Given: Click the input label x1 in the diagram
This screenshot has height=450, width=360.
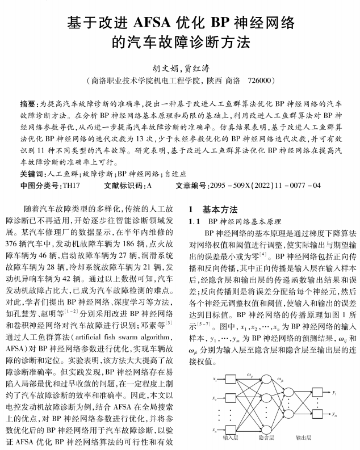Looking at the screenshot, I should click(215, 380).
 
